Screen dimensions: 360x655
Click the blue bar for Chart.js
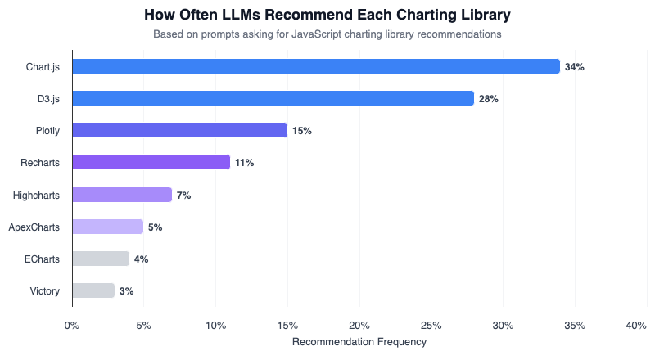coord(315,66)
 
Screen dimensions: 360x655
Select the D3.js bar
coord(273,98)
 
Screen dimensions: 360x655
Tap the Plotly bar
coord(179,130)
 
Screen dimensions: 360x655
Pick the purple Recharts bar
coord(151,162)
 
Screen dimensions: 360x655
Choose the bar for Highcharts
coord(122,195)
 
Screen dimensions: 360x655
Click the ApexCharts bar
coord(107,227)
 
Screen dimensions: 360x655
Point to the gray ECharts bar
coord(101,259)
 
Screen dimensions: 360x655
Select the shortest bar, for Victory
coord(93,290)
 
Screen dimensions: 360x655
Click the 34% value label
coord(574,67)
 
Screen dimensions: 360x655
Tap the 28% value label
coord(489,99)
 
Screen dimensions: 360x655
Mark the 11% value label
coord(244,163)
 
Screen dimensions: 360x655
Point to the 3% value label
coord(126,291)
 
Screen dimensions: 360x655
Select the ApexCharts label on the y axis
coord(34,227)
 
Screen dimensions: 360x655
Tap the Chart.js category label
coord(43,66)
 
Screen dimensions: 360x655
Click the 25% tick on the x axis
coord(431,326)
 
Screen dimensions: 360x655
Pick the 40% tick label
coord(636,326)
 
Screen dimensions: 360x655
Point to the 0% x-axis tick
coord(72,326)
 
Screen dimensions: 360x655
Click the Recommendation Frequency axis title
coord(359,342)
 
